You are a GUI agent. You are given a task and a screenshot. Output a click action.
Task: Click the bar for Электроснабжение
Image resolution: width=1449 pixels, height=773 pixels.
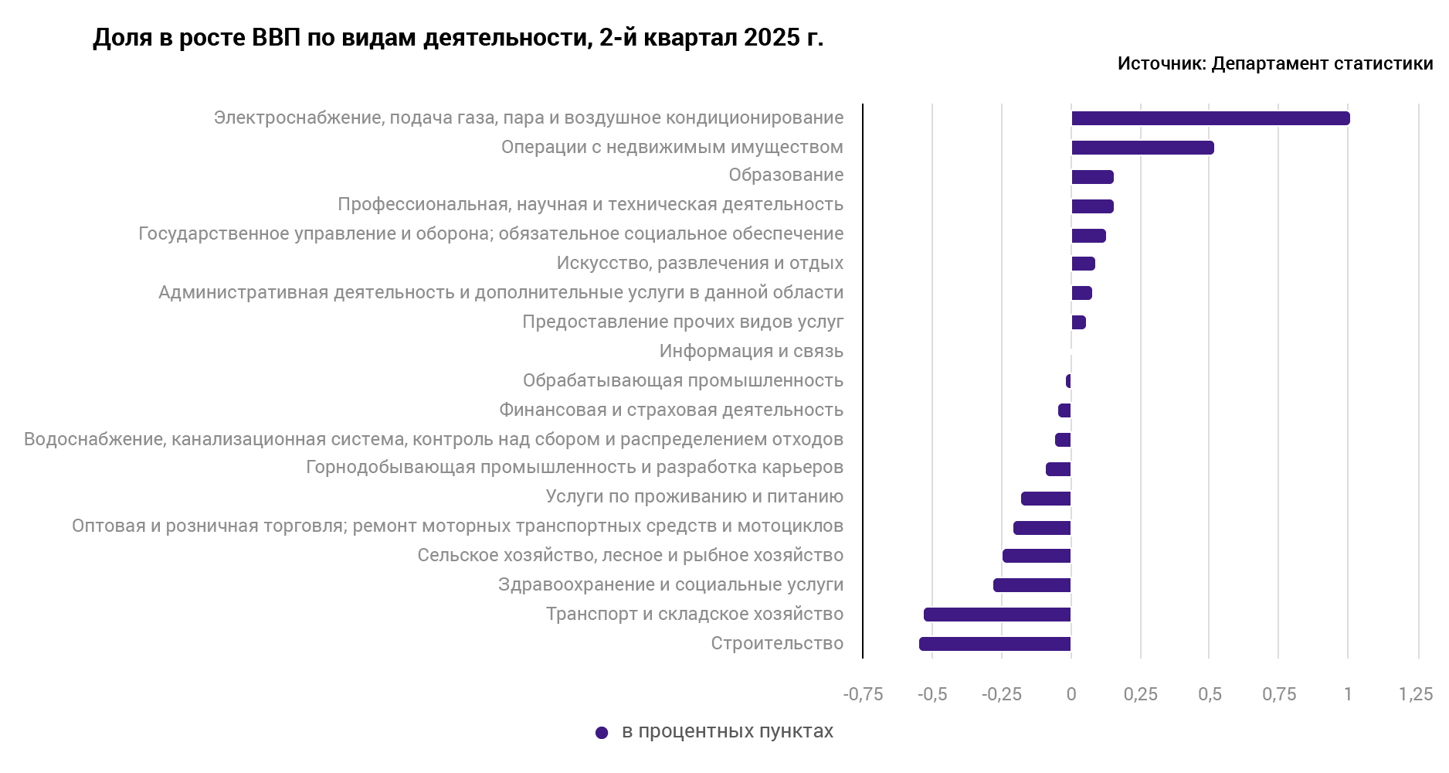tap(1210, 118)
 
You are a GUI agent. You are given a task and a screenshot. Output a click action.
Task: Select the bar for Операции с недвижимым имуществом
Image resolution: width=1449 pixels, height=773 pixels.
tap(1142, 148)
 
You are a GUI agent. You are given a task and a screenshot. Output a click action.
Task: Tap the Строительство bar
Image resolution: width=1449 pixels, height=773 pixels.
tap(995, 644)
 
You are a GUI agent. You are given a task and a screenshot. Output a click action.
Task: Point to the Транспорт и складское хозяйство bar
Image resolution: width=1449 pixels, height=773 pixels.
tap(997, 615)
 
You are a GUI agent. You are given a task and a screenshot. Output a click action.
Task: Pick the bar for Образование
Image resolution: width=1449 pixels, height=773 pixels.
tap(1092, 177)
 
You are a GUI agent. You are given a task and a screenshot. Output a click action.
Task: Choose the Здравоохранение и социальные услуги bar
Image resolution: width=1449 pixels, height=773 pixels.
tap(1032, 585)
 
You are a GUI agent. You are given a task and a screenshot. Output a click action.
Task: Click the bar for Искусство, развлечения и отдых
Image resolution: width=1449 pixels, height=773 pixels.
tap(1083, 264)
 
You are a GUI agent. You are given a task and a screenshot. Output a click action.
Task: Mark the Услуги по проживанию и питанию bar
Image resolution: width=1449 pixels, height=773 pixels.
tap(1046, 499)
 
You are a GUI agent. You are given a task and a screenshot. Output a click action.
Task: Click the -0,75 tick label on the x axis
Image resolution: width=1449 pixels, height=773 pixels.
tap(863, 694)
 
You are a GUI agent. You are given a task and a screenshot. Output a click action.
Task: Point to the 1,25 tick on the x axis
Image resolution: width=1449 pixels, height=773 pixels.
tap(1416, 694)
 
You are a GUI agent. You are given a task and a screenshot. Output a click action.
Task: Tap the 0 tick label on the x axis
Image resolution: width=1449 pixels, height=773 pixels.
tap(1071, 694)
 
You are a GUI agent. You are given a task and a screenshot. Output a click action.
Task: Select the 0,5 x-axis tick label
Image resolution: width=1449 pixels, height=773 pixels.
tap(1210, 694)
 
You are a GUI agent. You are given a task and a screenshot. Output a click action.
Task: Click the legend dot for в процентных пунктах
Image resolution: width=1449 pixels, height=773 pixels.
tap(602, 733)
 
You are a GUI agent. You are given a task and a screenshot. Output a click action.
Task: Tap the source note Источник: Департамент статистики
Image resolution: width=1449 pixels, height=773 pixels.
tap(1274, 64)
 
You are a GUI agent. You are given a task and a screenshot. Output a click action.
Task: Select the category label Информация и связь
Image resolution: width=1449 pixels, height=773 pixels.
tap(751, 352)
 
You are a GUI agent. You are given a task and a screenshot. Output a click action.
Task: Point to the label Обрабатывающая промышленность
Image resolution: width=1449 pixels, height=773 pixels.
tap(683, 381)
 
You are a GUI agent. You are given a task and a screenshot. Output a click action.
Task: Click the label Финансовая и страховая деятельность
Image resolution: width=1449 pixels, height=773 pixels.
tap(670, 410)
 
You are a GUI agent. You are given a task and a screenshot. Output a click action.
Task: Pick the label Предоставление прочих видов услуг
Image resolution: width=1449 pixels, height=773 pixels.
tap(683, 322)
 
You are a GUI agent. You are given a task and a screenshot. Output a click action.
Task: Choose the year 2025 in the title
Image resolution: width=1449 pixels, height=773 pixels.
tap(771, 38)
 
